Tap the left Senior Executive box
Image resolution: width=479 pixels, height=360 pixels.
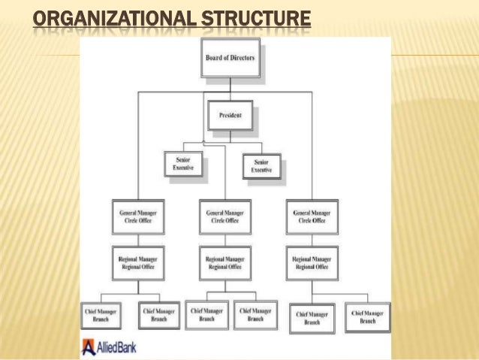183,165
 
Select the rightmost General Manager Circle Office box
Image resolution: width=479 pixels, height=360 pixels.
311,216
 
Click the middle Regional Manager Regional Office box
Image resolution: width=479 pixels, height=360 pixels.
224,262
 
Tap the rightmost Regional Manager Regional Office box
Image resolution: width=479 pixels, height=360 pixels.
311,262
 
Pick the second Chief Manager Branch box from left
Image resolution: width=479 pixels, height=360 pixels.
159,314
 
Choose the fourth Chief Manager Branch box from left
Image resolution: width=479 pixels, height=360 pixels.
255,314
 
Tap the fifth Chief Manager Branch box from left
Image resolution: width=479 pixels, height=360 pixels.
312,317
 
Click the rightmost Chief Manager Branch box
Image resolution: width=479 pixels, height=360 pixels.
367,317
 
